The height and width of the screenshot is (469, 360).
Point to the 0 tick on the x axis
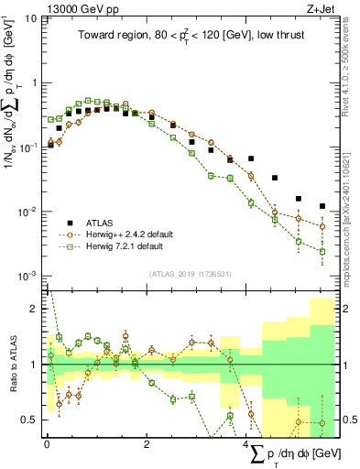(46, 444)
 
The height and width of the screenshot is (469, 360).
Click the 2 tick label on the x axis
(147, 444)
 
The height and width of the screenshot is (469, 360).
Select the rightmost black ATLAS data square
(322, 206)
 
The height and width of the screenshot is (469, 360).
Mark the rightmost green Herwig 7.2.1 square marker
(322, 251)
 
